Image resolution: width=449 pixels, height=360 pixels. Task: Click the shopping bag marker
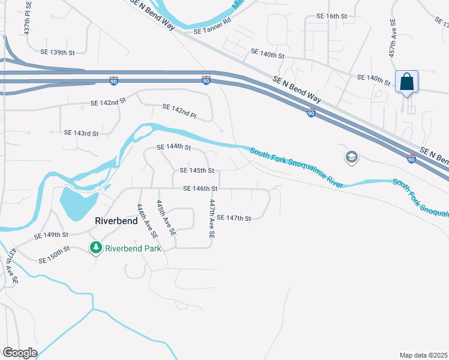click(406, 82)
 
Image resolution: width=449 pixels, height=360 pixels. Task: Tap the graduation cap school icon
click(351, 157)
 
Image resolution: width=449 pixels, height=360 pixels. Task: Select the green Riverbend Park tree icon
click(95, 248)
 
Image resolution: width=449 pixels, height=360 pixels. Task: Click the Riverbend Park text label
click(133, 248)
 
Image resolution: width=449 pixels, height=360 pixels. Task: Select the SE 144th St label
click(173, 147)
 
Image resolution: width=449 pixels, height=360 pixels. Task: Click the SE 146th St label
click(200, 188)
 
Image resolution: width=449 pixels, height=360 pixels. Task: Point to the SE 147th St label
click(234, 218)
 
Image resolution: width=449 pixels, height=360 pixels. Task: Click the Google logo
click(20, 352)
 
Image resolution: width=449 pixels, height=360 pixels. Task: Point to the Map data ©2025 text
click(423, 355)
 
